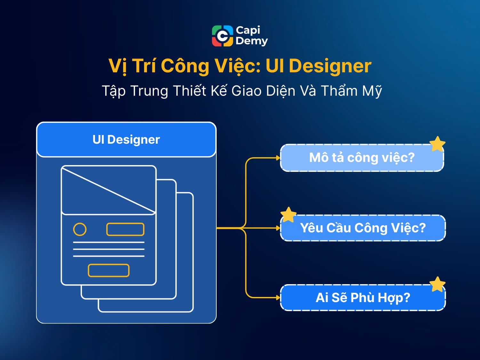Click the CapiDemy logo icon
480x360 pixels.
222,36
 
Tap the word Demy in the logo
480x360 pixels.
252,41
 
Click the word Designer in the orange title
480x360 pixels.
330,66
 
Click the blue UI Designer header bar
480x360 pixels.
126,140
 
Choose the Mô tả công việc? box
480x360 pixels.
362,158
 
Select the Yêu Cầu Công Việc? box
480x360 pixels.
363,228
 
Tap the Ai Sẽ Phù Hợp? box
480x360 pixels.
363,298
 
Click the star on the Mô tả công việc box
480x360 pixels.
437,144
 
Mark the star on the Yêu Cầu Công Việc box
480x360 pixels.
288,215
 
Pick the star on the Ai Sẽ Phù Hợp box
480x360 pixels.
437,284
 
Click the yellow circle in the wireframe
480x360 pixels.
80,229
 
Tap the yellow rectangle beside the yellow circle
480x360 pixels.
125,229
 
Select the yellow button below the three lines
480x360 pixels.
108,270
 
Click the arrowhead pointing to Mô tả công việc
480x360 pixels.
278,158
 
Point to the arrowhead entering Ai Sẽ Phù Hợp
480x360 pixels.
278,298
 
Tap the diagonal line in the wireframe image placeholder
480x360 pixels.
108,190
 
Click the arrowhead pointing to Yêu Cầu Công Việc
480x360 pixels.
278,228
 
